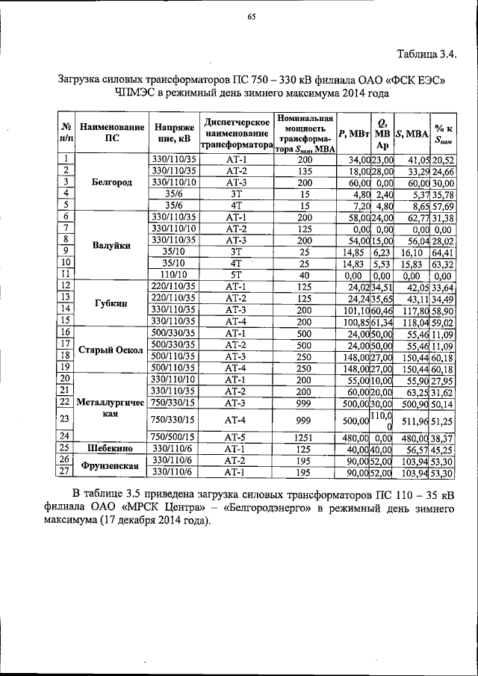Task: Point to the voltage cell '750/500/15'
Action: (x=173, y=436)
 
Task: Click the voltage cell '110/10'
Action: (x=173, y=274)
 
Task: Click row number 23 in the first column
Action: (x=66, y=419)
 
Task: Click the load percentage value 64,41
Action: (x=448, y=252)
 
